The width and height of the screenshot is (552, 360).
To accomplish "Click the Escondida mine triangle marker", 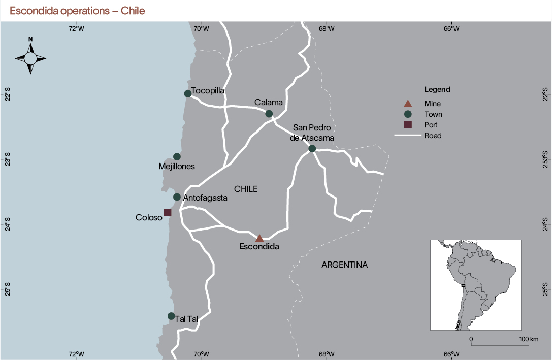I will (x=259, y=238).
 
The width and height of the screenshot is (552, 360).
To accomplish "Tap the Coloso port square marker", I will (x=168, y=212).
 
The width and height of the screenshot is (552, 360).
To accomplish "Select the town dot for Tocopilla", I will (x=188, y=93).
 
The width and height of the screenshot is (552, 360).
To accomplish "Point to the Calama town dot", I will (x=269, y=114).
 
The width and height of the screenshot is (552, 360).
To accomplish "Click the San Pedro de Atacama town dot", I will (x=312, y=149).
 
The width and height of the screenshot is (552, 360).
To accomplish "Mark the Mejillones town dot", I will (x=177, y=156).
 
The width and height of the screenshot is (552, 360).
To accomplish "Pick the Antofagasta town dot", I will (x=177, y=197).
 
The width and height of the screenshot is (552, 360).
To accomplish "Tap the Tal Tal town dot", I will (x=171, y=316).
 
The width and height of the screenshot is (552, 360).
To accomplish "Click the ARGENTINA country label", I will (x=344, y=265).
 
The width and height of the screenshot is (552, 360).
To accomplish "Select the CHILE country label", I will (x=246, y=189).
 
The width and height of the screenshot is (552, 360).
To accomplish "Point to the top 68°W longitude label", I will (x=326, y=28).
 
